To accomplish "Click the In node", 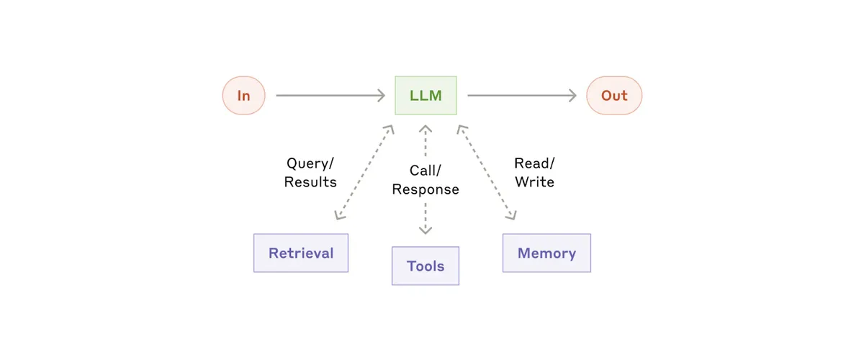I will [243, 95].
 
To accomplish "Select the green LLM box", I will [426, 95].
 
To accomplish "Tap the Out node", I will [614, 95].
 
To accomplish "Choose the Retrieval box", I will [301, 253].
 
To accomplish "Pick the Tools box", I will [426, 266].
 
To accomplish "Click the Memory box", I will [546, 253].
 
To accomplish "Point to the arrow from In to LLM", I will [328, 95].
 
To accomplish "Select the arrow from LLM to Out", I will [518, 95].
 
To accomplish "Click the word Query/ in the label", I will [310, 163].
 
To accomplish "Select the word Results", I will [310, 182].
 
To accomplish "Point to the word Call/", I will [426, 171].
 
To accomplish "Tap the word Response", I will [426, 189].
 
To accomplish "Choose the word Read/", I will [534, 163].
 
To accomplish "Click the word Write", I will [534, 182].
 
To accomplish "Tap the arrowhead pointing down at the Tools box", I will [426, 230].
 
